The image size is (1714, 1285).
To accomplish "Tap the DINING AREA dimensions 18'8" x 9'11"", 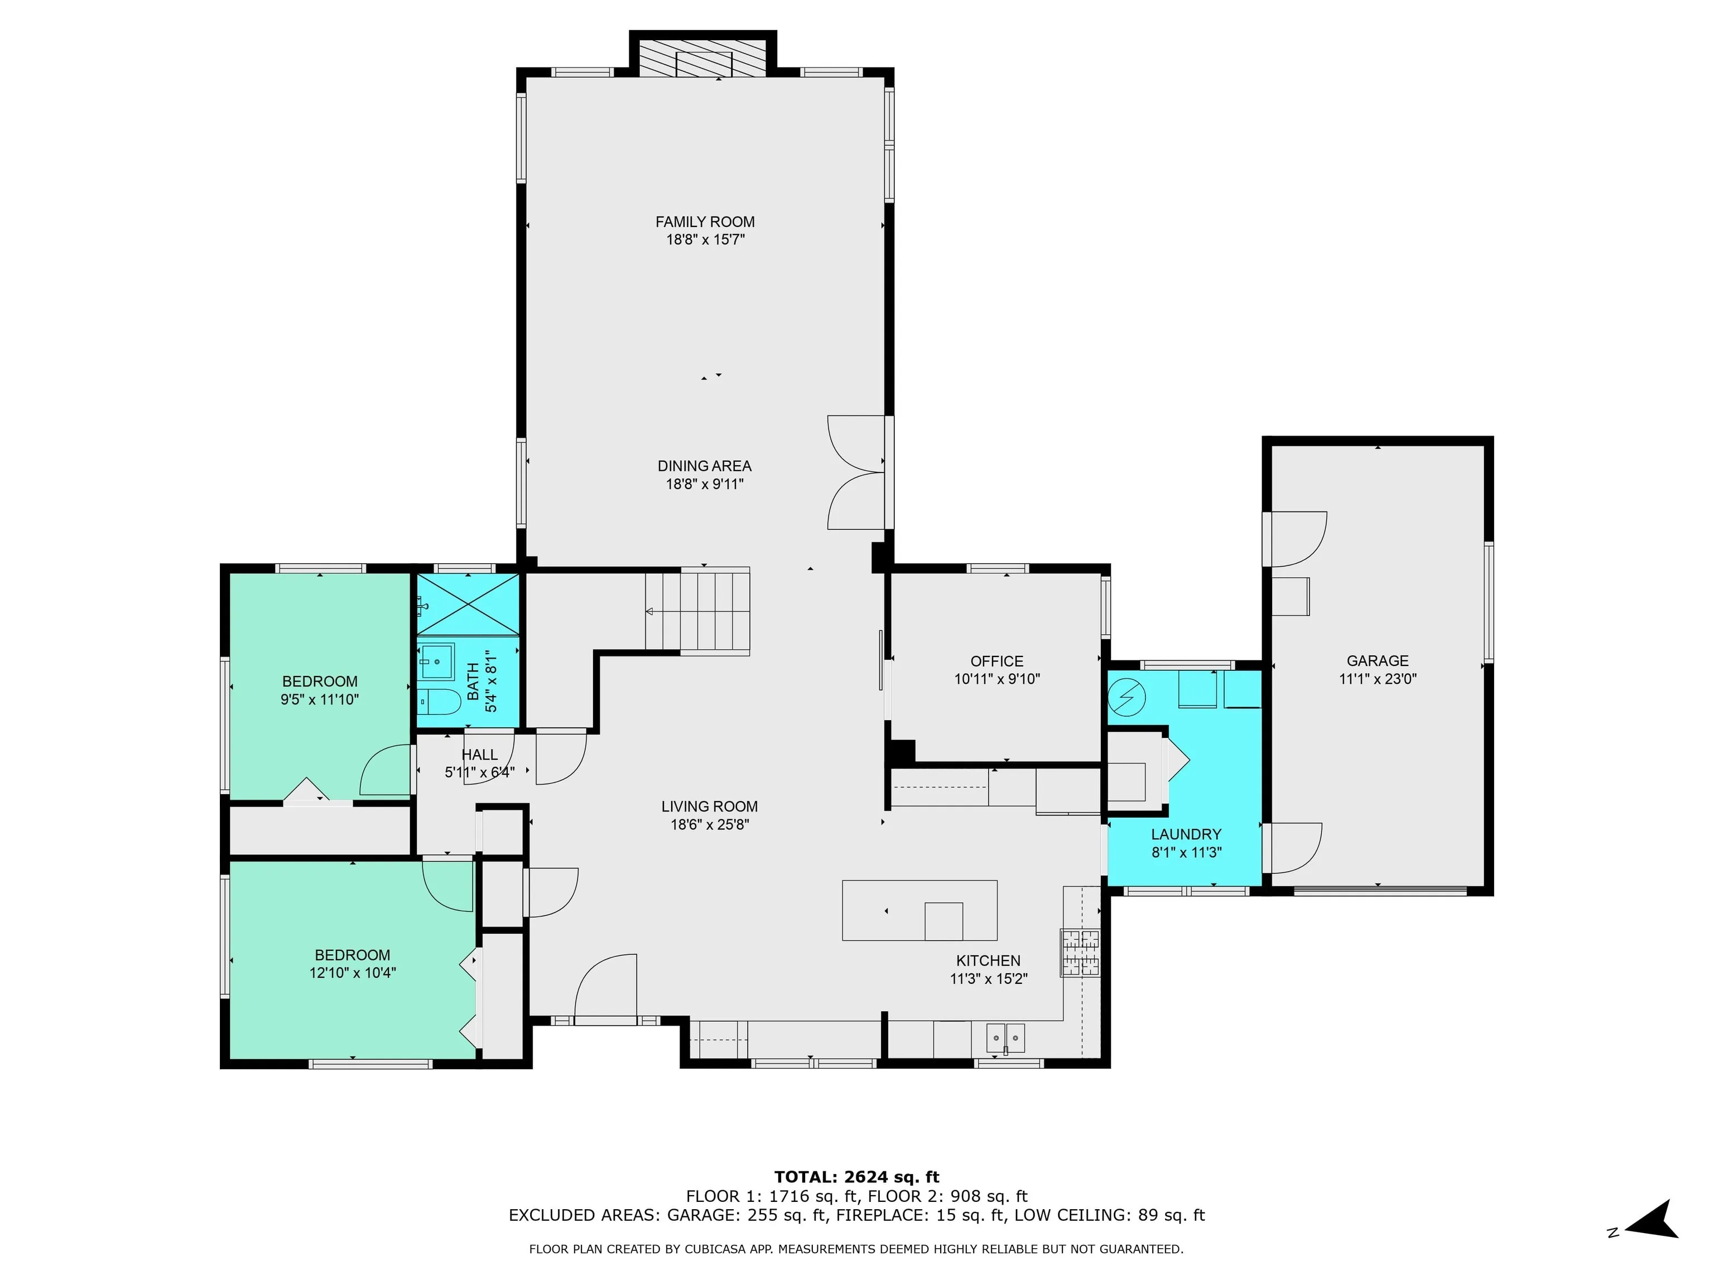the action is click(x=705, y=484).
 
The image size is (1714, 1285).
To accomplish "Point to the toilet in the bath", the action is click(x=438, y=702).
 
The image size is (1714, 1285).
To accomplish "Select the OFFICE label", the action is click(x=997, y=661).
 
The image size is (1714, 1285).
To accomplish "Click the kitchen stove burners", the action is click(x=1081, y=953).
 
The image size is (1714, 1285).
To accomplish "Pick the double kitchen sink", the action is click(x=1005, y=1037).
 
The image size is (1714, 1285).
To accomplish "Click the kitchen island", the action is click(x=919, y=910).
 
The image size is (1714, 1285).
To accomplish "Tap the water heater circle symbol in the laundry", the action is click(x=1126, y=698).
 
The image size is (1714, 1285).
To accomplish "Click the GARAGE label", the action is click(x=1378, y=661).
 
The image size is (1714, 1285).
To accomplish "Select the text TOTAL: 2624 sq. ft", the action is click(x=857, y=1178).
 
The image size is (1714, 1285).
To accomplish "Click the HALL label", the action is click(x=480, y=755).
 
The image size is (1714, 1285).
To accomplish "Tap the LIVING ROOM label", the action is click(x=710, y=806).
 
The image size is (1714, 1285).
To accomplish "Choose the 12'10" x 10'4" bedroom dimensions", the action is click(x=353, y=973).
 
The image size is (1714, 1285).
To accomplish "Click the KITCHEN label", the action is click(x=989, y=960).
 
